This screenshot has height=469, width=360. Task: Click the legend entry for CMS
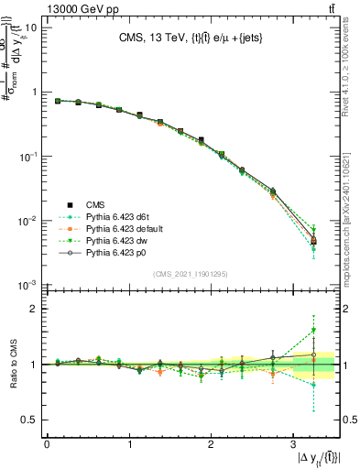tap(99, 204)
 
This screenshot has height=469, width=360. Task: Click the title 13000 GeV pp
tap(43, 8)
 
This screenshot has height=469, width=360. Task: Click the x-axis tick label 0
tap(47, 445)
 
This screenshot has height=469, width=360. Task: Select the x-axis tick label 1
tap(128, 445)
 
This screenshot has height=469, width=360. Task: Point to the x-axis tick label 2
tap(211, 445)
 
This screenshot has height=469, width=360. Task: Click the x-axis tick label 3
tap(292, 445)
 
